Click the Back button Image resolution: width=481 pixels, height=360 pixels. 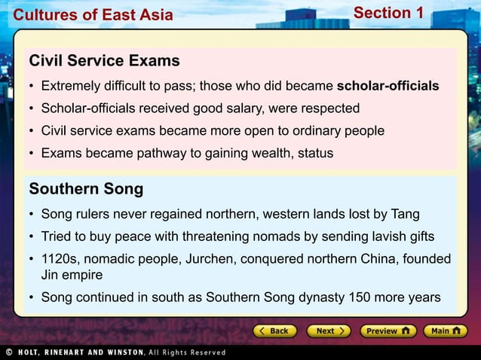tap(273, 331)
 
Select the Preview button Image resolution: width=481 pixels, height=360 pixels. tap(388, 331)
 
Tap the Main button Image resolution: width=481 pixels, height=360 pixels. tap(445, 331)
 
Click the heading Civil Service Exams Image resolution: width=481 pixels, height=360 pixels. tap(104, 60)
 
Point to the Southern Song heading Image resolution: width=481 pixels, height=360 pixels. tap(86, 188)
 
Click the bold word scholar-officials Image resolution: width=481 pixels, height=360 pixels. tap(388, 86)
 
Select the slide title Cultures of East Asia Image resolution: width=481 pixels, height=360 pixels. tap(93, 15)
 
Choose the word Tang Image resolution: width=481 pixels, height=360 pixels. tap(406, 214)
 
